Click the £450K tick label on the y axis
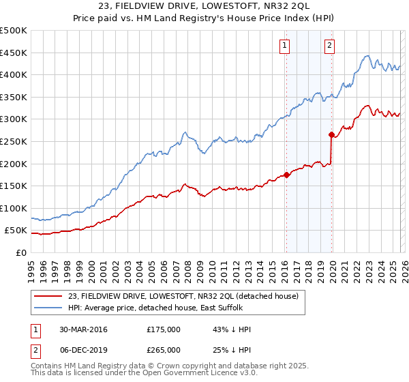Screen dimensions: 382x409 click(14, 53)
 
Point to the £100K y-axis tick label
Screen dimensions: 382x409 click(14, 208)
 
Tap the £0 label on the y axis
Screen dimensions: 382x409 click(22, 252)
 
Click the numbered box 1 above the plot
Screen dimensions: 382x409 click(284, 46)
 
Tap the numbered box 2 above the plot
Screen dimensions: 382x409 click(329, 46)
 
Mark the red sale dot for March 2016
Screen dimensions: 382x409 click(286, 175)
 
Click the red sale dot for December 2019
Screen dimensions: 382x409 click(331, 134)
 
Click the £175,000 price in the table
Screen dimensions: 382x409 click(164, 329)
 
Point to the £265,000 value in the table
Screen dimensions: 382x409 click(164, 349)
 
